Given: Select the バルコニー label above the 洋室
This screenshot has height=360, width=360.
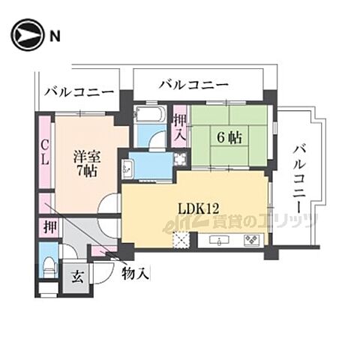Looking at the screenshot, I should [79, 93].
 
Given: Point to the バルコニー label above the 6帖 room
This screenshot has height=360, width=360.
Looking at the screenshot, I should [193, 85].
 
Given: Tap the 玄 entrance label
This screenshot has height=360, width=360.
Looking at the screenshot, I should [78, 275].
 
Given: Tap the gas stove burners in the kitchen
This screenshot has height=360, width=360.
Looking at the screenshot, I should [250, 240].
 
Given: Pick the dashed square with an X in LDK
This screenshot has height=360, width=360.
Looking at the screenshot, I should [181, 241].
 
